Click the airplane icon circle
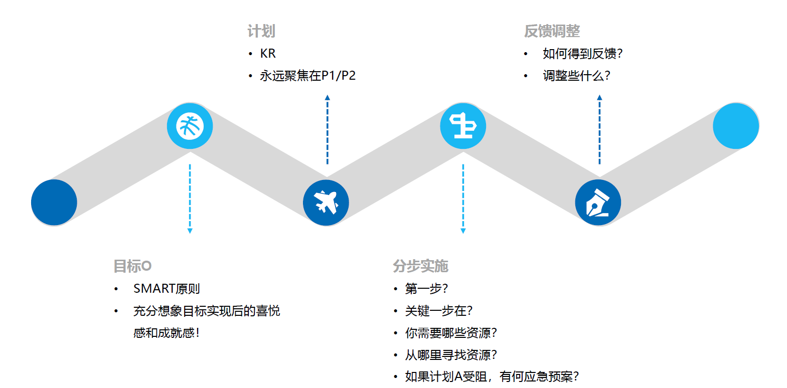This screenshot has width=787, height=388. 326,203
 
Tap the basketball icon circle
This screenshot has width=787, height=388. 190,126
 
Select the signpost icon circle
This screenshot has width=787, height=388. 463,126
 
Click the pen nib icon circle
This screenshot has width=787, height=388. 598,203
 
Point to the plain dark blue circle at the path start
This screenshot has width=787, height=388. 54,203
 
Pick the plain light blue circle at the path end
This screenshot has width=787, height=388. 735,126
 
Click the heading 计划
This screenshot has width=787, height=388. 261,31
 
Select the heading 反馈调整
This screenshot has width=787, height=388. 552,31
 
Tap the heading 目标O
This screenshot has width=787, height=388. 132,266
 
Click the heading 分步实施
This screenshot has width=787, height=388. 420,266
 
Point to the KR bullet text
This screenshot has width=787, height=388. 268,54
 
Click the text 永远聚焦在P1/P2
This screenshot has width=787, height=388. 307,76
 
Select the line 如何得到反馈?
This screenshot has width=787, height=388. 582,54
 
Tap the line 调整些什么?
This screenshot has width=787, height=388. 576,76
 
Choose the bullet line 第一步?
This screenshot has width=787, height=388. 426,289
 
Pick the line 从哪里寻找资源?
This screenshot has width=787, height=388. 451,355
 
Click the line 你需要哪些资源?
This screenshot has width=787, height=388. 451,333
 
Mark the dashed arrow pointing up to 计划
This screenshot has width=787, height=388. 328,130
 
